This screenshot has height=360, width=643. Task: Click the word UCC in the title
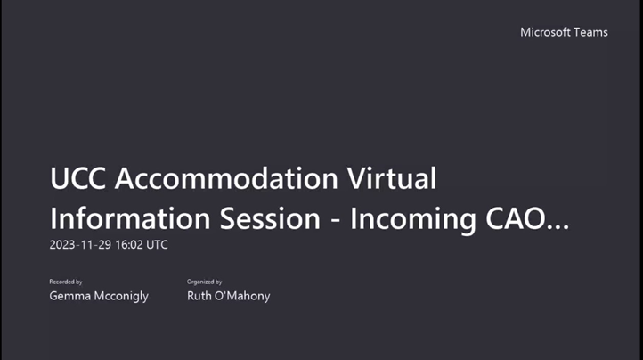click(78, 180)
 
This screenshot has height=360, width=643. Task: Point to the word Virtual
click(389, 180)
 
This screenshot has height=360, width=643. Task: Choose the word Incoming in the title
click(411, 219)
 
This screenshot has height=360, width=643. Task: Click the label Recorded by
click(65, 282)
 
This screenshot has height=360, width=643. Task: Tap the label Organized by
click(205, 282)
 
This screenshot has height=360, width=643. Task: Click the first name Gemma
click(69, 296)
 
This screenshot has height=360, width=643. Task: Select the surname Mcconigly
click(120, 296)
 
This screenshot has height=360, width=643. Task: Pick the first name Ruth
click(199, 296)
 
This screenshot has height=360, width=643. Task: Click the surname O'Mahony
click(242, 296)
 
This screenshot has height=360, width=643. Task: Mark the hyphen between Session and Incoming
click(335, 221)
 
